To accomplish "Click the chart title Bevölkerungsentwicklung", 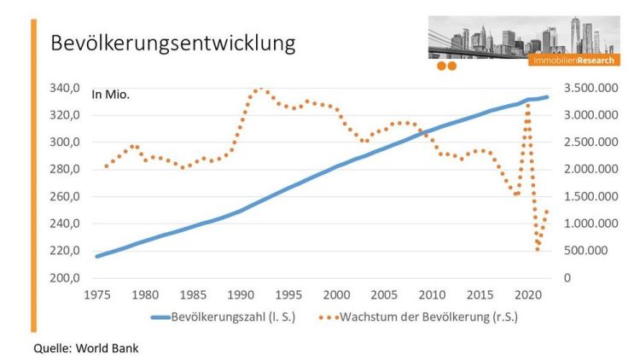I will pyautogui.click(x=173, y=42).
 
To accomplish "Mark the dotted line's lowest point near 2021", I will pyautogui.click(x=538, y=249).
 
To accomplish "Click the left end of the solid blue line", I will pyautogui.click(x=96, y=256).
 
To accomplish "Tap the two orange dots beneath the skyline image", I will pyautogui.click(x=446, y=66).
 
